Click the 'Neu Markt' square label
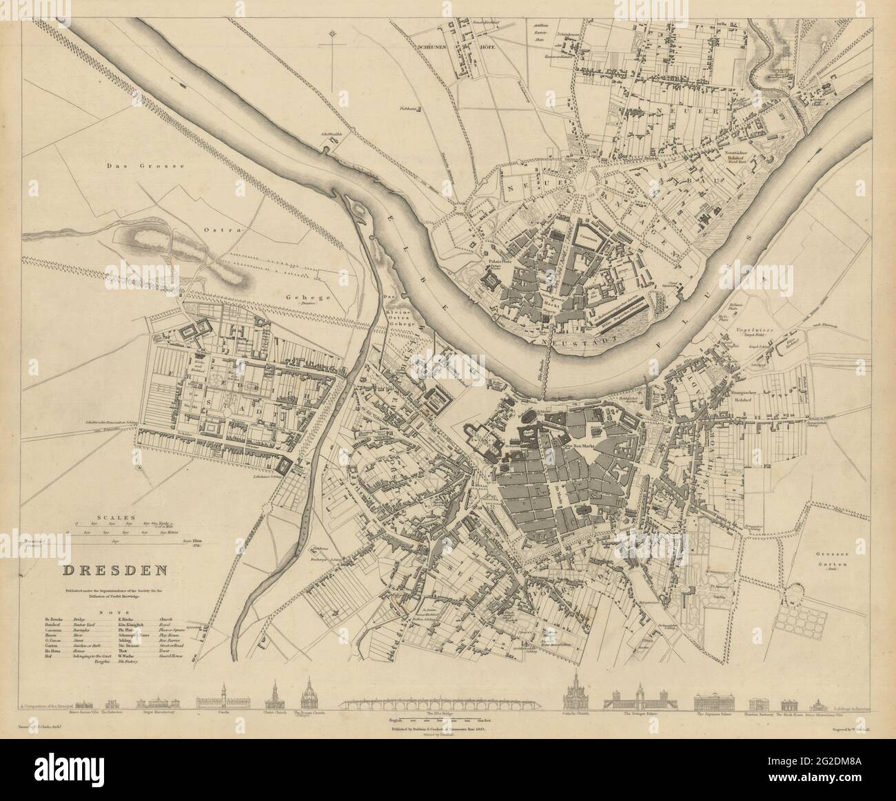(578, 447)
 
